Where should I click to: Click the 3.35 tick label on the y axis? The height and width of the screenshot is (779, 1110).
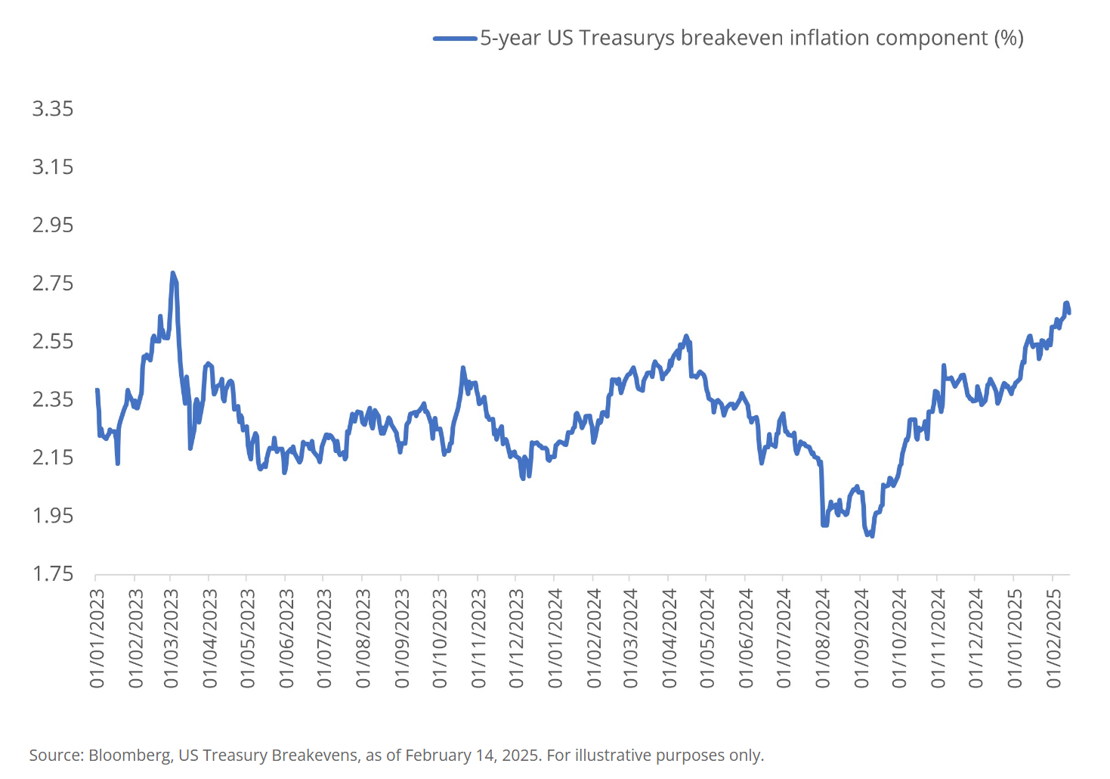point(52,109)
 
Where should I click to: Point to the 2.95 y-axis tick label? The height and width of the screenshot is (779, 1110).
point(52,225)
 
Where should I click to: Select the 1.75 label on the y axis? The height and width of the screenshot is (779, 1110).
point(52,574)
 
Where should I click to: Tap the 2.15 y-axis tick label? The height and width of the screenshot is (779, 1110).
point(52,458)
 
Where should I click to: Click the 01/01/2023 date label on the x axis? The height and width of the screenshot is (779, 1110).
point(97,639)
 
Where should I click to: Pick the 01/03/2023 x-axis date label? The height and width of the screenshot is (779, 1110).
point(172,639)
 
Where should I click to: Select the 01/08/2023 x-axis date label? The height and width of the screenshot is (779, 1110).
point(363,639)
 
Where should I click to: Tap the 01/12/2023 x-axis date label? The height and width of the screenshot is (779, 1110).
point(517,639)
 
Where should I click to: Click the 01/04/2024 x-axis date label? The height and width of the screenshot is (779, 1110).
point(669,639)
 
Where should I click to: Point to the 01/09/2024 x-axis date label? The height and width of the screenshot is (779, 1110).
point(861,639)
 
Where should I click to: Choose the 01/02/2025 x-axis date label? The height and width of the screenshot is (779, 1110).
point(1054,639)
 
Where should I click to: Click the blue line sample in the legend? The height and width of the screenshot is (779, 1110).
point(456,39)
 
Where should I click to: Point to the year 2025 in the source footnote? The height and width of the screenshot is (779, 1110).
point(521,755)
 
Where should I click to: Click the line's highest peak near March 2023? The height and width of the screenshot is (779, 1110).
point(173,273)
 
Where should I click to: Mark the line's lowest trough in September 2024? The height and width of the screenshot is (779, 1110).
point(872,535)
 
